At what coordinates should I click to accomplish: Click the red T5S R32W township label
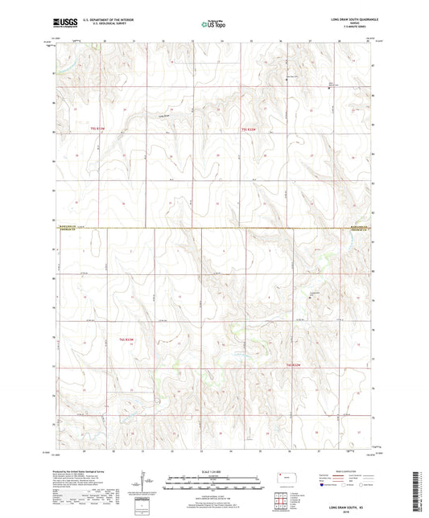tap(252, 129)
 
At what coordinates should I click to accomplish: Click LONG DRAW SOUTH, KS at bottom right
tap(348, 508)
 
